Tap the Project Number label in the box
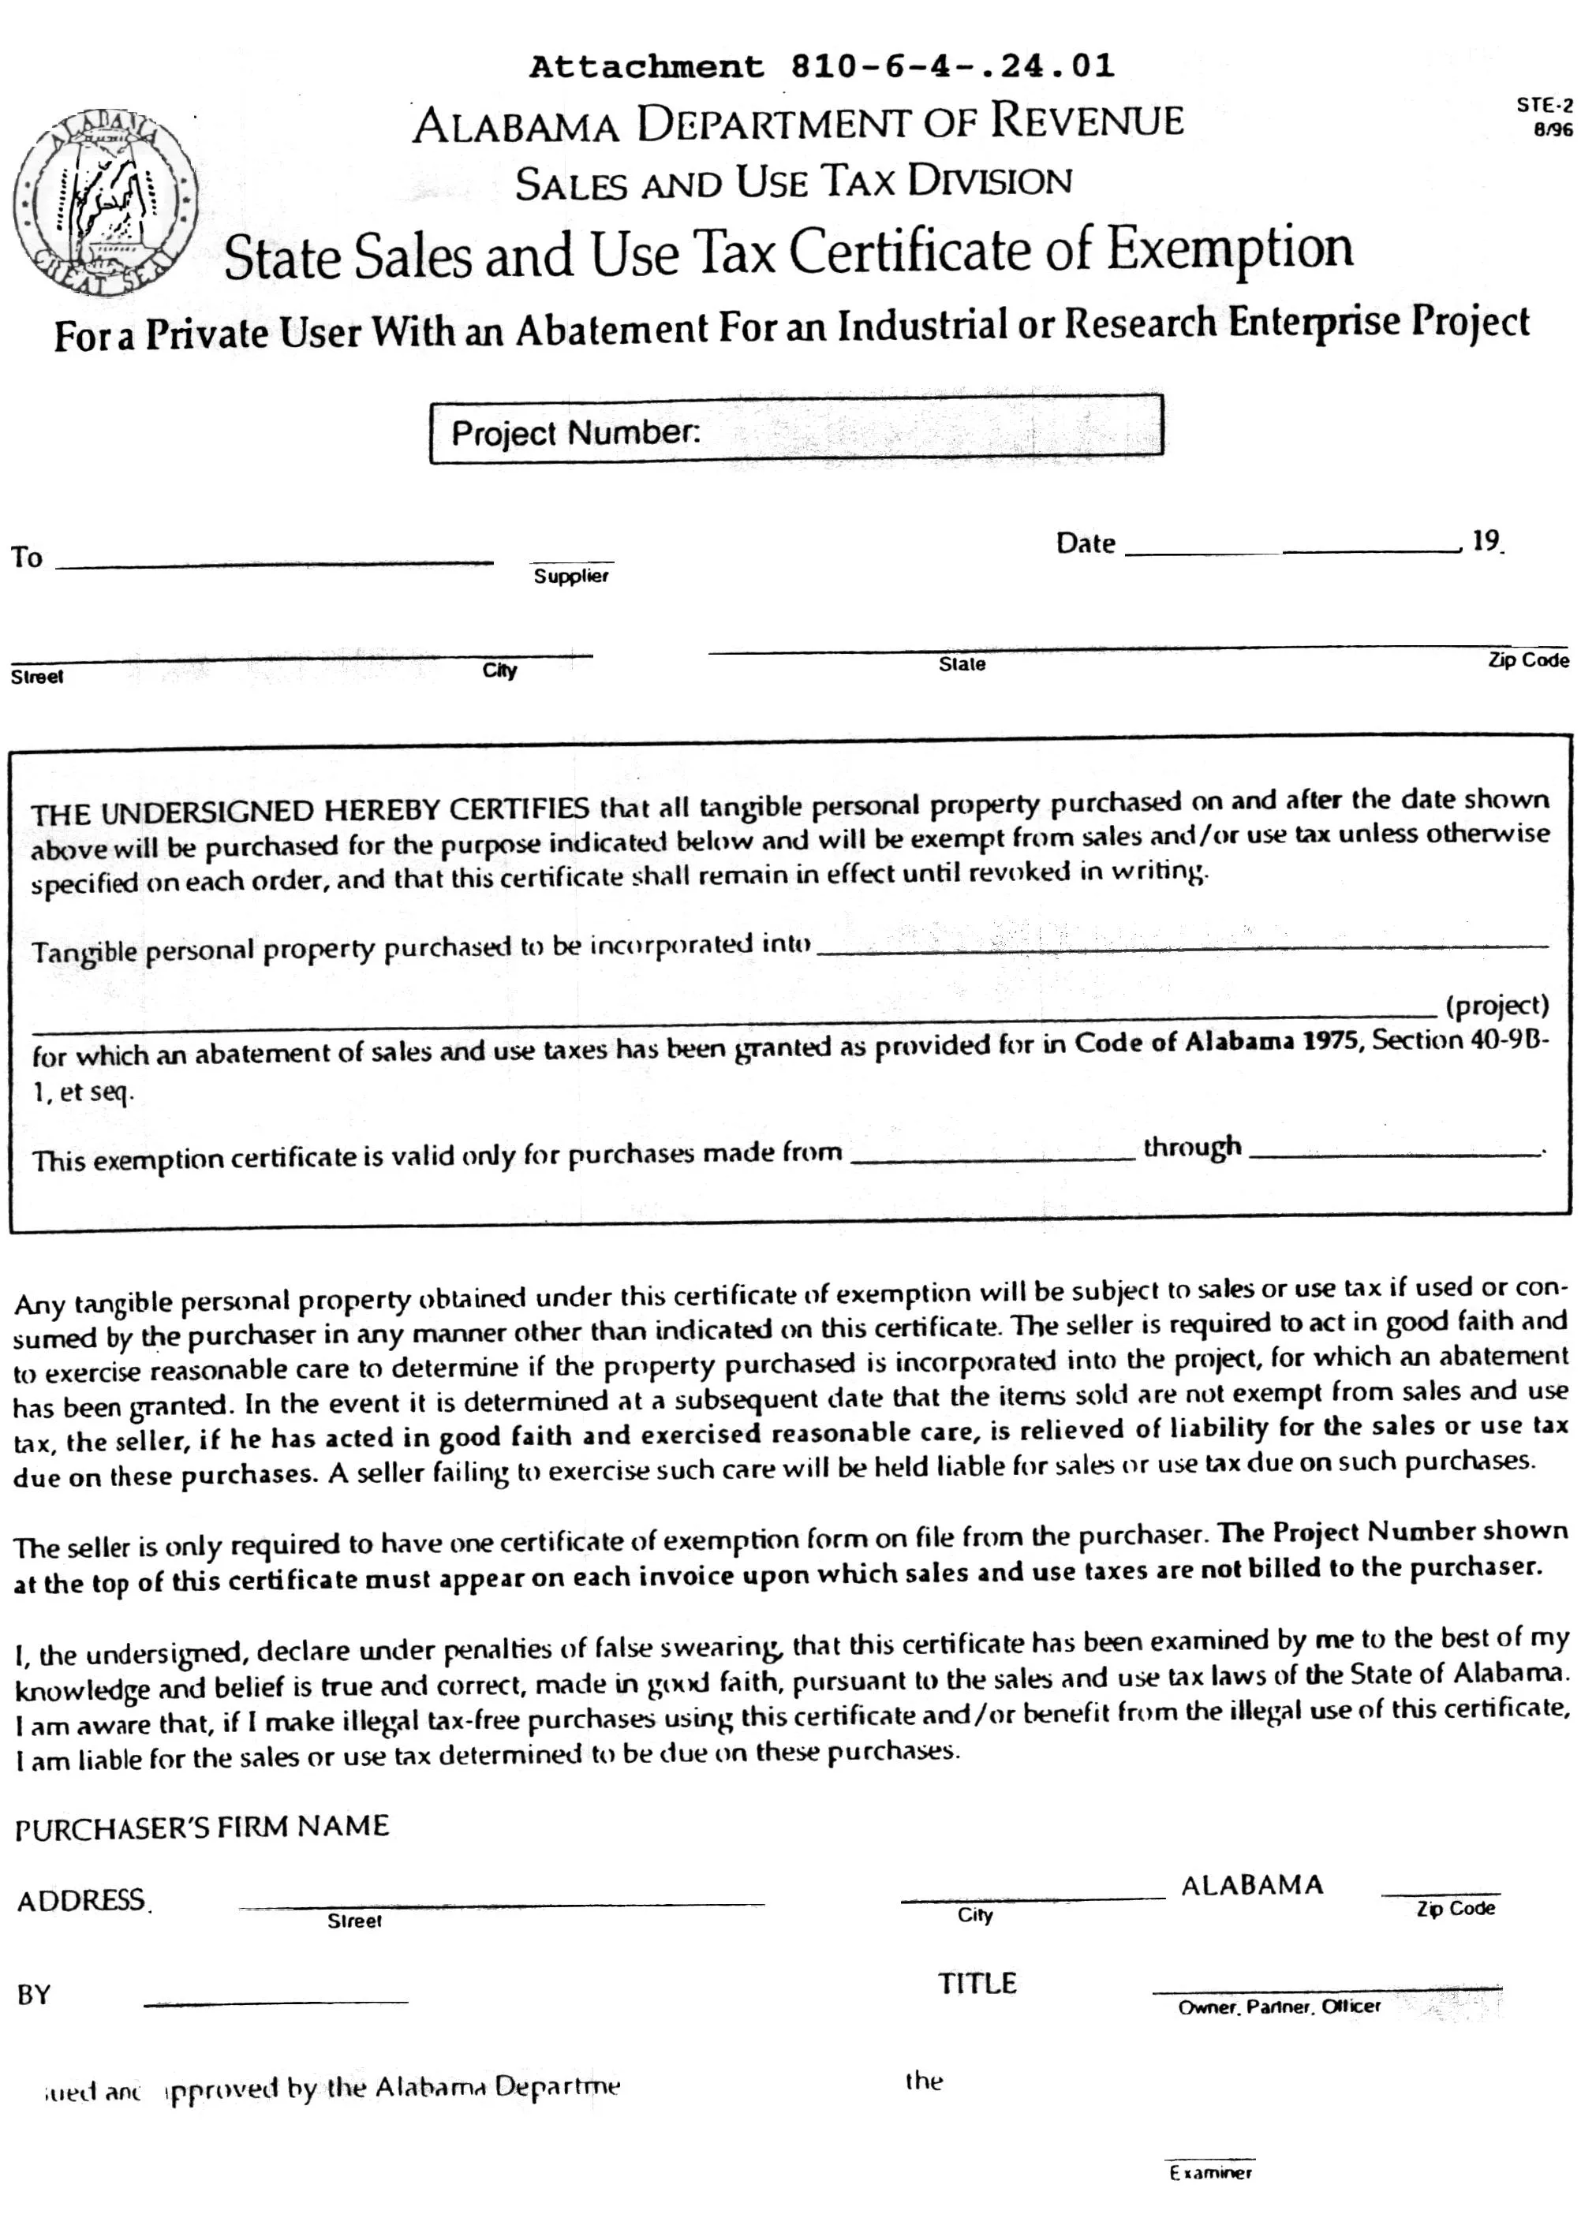(575, 432)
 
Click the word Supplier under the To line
(571, 576)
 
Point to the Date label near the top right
(1086, 543)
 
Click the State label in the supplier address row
(962, 663)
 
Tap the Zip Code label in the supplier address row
(1527, 660)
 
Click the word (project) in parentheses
(1497, 1004)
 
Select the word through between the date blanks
(1193, 1146)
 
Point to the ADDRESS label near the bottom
(82, 1901)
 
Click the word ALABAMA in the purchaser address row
(1252, 1885)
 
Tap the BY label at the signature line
(33, 1994)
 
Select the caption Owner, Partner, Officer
(1279, 2007)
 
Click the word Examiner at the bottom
(1211, 2172)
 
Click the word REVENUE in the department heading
(1087, 121)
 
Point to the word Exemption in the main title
(1230, 248)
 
